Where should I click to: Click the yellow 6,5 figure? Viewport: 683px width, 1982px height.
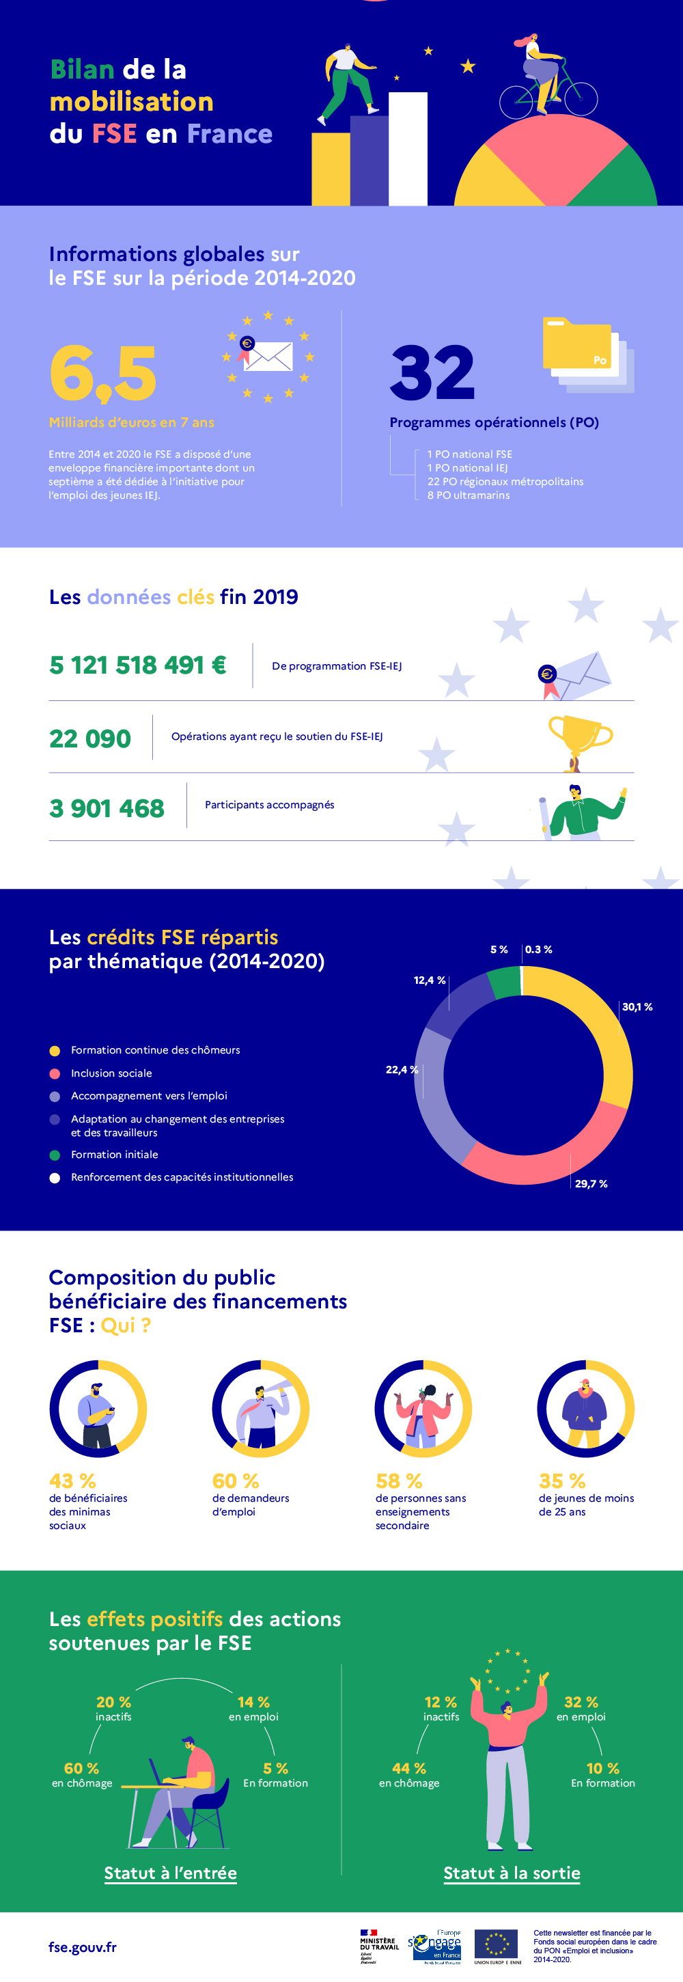pos(103,374)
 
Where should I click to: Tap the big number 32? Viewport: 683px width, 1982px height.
pos(432,373)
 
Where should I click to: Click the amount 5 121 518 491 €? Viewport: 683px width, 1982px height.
pos(138,665)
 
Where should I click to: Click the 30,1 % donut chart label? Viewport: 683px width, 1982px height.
pos(637,1006)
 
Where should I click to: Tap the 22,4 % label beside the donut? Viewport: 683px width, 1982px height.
pos(402,1069)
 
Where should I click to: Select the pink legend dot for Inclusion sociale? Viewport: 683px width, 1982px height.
pos(55,1073)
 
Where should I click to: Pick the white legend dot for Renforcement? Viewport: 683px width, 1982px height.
pos(55,1177)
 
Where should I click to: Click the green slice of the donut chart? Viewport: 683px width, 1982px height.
pos(505,982)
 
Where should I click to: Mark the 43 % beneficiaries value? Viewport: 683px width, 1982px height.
pos(72,1481)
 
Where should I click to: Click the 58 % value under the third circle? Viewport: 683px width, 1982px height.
pos(398,1481)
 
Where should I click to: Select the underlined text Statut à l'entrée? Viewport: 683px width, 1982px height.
pos(171,1873)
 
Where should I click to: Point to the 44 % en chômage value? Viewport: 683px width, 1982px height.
pos(408,1768)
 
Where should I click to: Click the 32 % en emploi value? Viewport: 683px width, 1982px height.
pos(581,1702)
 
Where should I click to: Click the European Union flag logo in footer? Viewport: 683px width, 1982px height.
pos(497,1944)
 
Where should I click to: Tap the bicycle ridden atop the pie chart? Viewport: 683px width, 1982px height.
pos(548,96)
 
